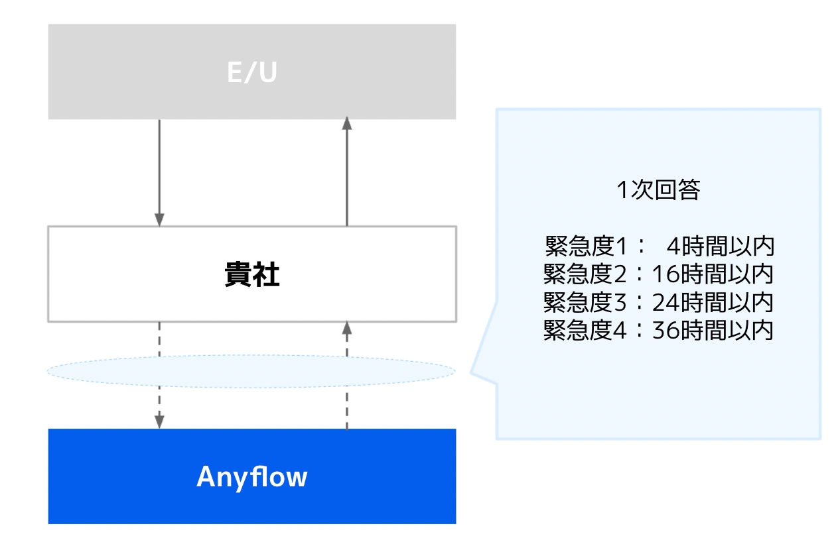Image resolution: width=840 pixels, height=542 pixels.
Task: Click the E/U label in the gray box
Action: click(251, 73)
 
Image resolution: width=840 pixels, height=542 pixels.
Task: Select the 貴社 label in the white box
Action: click(251, 275)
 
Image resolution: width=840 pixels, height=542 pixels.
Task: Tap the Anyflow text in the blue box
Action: click(251, 477)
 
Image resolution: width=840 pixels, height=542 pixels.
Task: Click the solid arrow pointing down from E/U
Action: click(159, 172)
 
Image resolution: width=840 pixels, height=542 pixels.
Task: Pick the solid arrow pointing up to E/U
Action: click(346, 172)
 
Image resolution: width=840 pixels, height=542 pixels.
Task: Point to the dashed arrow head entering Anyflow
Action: click(159, 421)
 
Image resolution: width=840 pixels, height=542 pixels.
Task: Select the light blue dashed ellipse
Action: click(251, 371)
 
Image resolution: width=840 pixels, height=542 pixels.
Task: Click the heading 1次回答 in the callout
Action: click(658, 190)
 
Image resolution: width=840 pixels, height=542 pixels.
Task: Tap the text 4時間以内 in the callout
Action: click(721, 247)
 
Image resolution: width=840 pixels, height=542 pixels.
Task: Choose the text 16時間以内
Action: click(713, 274)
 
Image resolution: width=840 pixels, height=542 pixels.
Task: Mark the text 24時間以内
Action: click(713, 302)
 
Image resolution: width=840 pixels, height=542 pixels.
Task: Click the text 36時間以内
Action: click(713, 330)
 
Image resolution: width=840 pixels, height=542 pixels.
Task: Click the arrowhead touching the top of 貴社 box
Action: click(159, 220)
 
